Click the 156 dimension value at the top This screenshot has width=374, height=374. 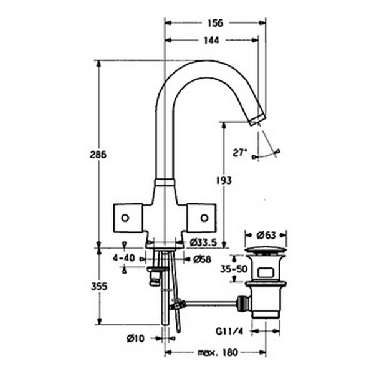click(x=215, y=23)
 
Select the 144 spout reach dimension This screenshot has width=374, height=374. click(x=211, y=41)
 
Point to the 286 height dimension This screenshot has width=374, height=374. click(x=98, y=155)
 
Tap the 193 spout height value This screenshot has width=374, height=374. click(x=224, y=181)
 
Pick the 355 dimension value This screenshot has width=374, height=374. click(x=99, y=287)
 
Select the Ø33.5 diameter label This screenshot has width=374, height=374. click(x=203, y=243)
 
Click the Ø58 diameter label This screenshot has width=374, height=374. click(x=202, y=259)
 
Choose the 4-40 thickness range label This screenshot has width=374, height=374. click(x=124, y=258)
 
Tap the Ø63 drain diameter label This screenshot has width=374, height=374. click(x=266, y=236)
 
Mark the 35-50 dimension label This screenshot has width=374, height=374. click(x=234, y=269)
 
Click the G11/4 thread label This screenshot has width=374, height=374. click(x=229, y=332)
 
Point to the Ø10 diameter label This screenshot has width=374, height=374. click(x=136, y=338)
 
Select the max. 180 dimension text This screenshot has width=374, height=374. click(x=218, y=352)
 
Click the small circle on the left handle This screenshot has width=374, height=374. click(x=125, y=218)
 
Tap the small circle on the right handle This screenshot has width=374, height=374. click(x=204, y=218)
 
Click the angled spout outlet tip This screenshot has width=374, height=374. click(x=257, y=120)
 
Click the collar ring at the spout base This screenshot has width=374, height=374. click(x=165, y=182)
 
